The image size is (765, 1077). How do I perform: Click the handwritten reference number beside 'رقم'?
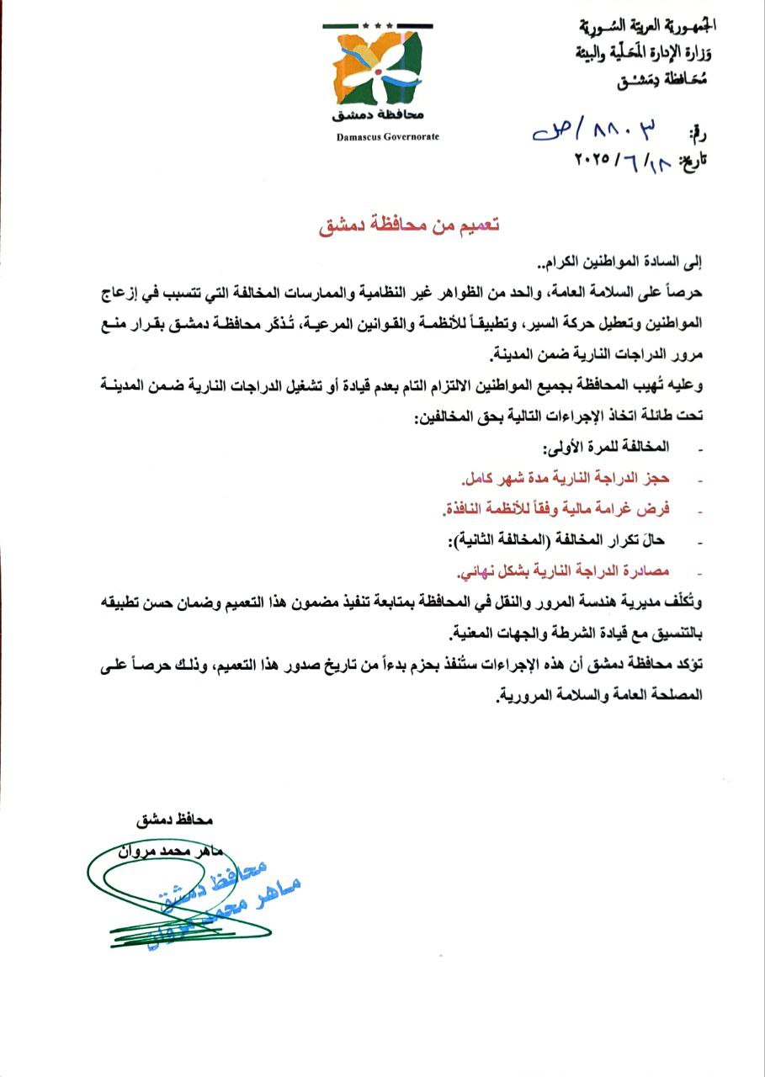point(597,130)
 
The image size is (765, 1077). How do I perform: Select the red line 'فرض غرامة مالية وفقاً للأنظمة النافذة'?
point(555,510)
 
